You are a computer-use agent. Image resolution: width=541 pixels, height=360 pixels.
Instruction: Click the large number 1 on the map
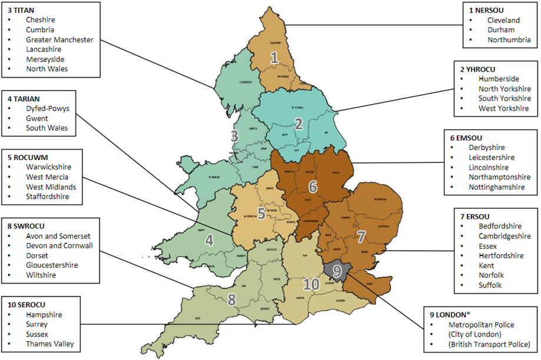pos(274,58)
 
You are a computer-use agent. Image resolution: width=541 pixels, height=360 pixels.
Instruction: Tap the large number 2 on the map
pos(298,124)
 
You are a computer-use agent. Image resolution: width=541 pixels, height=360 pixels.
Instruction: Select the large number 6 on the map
pos(313,186)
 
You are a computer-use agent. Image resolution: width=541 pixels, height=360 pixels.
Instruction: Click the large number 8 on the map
pos(232,299)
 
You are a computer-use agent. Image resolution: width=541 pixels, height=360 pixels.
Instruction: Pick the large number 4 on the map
pos(208,240)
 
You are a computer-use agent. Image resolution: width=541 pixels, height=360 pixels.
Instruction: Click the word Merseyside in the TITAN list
pos(45,59)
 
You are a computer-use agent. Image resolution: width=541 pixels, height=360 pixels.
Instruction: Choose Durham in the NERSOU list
pos(500,30)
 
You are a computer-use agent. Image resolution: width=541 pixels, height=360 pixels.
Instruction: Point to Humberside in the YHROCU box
pos(499,79)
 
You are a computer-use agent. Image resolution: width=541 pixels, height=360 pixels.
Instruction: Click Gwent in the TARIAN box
pos(36,118)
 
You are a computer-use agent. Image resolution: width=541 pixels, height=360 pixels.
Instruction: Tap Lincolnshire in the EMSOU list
pos(492,167)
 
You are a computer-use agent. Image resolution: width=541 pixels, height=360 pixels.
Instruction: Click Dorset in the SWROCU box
pos(37,255)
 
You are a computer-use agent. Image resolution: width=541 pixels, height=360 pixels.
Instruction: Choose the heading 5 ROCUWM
pos(28,158)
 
